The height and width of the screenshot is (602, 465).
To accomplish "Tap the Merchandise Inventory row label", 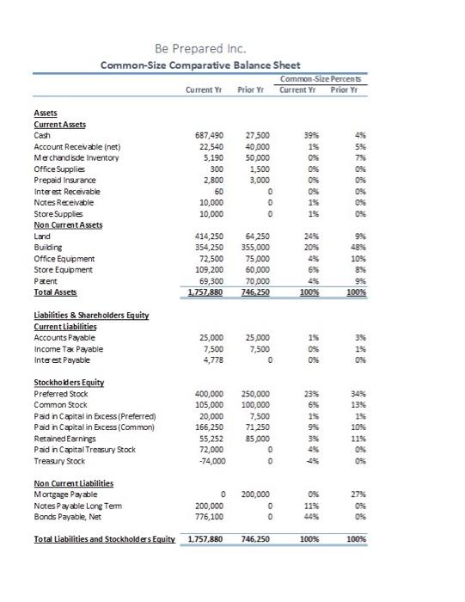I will click(x=73, y=158).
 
